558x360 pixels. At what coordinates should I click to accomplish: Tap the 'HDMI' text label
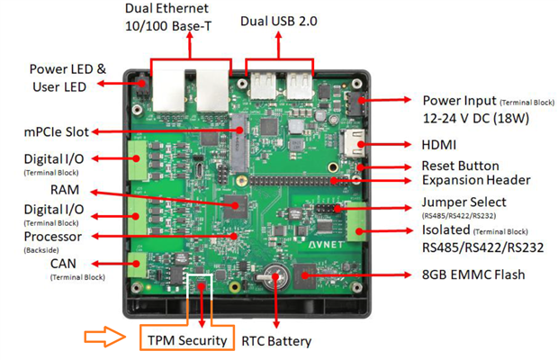click(x=439, y=145)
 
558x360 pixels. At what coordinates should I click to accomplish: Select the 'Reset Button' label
click(x=459, y=166)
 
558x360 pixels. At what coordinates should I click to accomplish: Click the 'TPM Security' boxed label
click(x=189, y=341)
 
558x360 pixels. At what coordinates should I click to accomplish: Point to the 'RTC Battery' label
click(x=276, y=341)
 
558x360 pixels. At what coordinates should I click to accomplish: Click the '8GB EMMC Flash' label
click(x=475, y=274)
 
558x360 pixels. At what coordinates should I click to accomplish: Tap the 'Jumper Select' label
click(x=463, y=202)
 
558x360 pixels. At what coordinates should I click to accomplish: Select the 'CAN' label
click(x=64, y=264)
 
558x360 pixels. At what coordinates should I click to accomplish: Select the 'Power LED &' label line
click(x=67, y=69)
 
